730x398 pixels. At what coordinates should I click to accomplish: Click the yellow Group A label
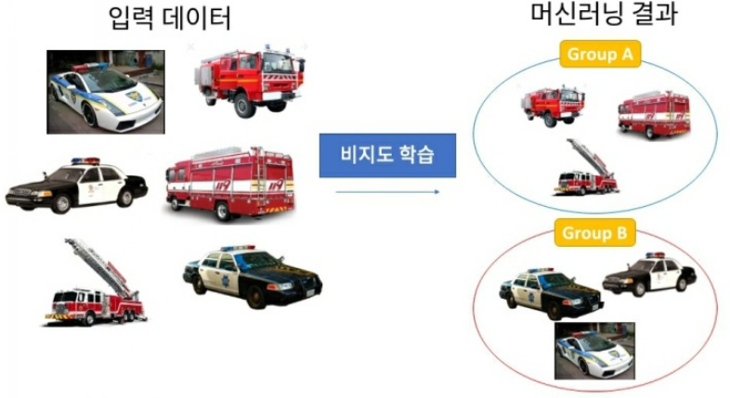tap(600, 54)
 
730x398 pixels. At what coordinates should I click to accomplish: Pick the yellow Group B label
tap(600, 232)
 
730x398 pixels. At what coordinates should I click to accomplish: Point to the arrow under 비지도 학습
tap(387, 192)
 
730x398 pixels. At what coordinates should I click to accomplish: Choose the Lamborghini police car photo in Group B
tap(594, 351)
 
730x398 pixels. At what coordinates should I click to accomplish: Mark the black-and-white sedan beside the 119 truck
tap(76, 184)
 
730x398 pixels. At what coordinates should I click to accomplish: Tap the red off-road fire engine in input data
tap(249, 78)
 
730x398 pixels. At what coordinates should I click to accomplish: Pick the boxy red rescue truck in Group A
tap(654, 114)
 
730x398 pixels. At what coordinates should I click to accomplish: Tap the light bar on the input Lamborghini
tap(90, 67)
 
